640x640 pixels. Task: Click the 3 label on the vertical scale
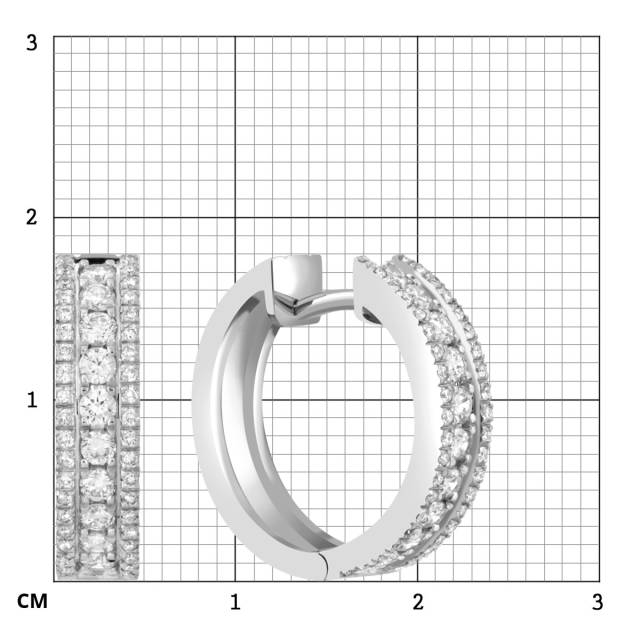click(32, 43)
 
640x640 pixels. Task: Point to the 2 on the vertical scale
click(32, 217)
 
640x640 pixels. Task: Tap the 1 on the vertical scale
click(32, 399)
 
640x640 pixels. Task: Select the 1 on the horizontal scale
click(235, 603)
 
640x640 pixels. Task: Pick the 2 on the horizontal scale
click(418, 603)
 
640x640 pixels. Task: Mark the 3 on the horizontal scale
click(597, 603)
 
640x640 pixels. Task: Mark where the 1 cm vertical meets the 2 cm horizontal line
click(235, 217)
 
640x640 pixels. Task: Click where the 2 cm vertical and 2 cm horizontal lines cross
click(418, 217)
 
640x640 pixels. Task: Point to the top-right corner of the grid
click(600, 36)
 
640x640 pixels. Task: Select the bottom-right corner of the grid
click(600, 581)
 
